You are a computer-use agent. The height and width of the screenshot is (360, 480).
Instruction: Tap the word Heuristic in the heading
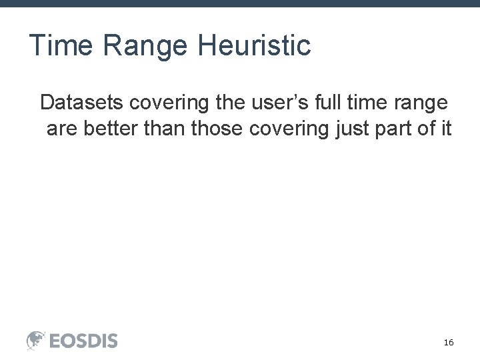click(x=255, y=46)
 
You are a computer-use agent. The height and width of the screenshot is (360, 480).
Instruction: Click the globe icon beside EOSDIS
click(x=36, y=340)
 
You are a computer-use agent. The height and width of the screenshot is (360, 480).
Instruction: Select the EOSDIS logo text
click(x=83, y=341)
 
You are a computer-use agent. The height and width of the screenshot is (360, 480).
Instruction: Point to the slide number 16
click(x=449, y=342)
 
